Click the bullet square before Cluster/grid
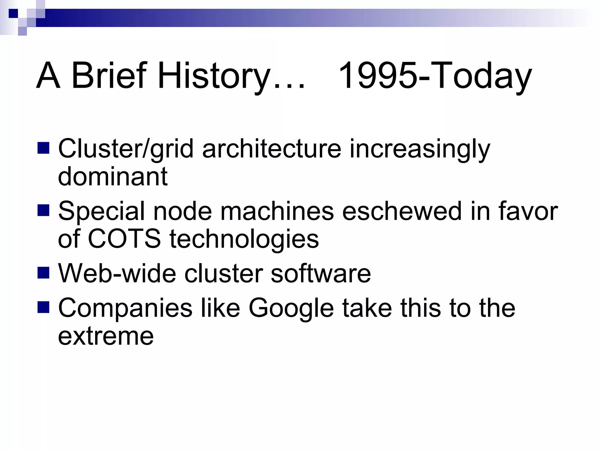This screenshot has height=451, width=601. [x=43, y=148]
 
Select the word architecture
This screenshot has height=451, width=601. [x=272, y=149]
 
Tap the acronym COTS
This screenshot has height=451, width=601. [x=124, y=238]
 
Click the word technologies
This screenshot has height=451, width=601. [x=244, y=238]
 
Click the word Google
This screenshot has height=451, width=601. [x=291, y=308]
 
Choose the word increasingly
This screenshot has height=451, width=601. [x=420, y=149]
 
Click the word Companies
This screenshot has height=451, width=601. [x=125, y=308]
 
